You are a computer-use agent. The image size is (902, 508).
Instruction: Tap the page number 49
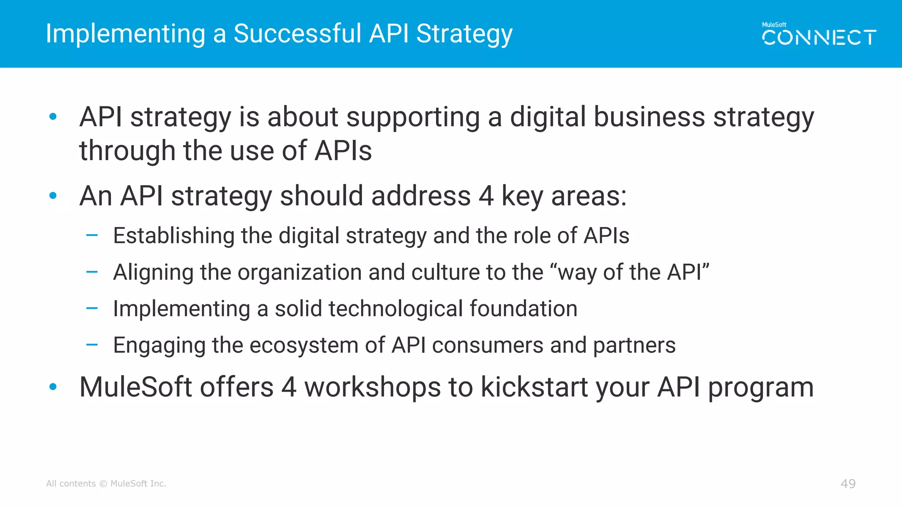point(848,484)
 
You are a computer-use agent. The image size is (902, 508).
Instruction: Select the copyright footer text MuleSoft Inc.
point(138,484)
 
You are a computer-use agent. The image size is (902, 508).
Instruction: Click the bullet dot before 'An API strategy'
point(53,195)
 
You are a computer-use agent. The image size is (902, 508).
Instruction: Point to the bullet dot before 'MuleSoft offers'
point(53,387)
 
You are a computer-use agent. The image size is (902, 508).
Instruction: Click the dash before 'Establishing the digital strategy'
point(92,235)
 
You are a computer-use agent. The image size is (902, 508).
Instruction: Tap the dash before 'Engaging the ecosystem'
point(92,345)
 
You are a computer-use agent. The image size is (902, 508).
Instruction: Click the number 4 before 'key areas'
point(486,196)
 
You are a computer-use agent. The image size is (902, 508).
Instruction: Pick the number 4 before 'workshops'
point(288,387)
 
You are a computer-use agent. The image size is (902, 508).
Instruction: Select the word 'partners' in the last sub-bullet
point(634,345)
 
